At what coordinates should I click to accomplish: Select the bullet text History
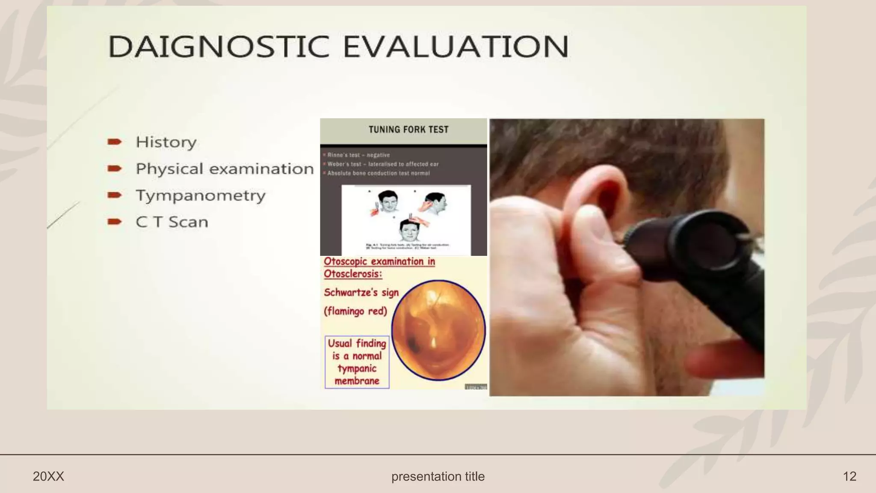tap(166, 142)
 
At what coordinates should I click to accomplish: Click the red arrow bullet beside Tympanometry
tap(115, 195)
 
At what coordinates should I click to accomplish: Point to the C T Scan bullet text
tap(172, 222)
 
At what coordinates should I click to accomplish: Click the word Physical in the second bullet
tap(169, 169)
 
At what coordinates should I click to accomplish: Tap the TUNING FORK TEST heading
tap(408, 130)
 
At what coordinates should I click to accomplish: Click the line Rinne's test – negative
tap(358, 155)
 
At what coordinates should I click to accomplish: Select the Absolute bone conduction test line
tap(379, 173)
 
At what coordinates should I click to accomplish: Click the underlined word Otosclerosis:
tap(353, 274)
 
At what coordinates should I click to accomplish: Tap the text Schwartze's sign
tap(361, 293)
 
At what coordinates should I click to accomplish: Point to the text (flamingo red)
tap(355, 311)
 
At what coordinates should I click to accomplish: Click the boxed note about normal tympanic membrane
tap(357, 362)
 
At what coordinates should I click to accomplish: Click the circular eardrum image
tap(438, 330)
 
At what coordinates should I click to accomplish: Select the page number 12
tap(849, 476)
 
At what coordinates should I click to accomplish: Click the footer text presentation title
tap(438, 476)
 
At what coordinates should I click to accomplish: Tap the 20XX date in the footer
tap(48, 476)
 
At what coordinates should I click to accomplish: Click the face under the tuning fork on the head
tap(409, 232)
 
